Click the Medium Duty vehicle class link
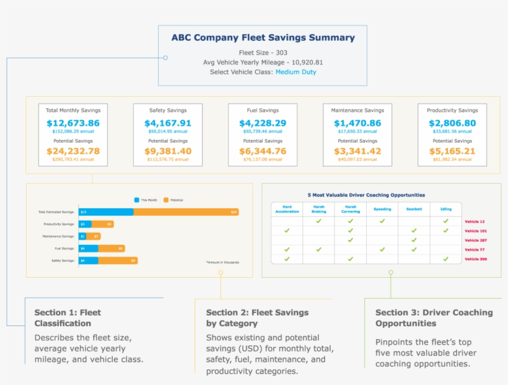click(x=296, y=72)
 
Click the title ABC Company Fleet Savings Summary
click(x=263, y=38)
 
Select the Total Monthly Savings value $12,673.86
click(x=72, y=123)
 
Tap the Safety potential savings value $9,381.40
click(x=168, y=151)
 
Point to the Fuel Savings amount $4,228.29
click(x=263, y=123)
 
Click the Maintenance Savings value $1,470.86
click(x=357, y=123)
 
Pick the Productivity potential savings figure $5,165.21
click(x=452, y=151)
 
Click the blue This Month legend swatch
click(x=137, y=200)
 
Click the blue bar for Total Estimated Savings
click(x=106, y=212)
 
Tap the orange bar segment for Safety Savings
click(x=118, y=260)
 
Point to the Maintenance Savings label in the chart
click(x=59, y=236)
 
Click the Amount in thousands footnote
click(x=222, y=262)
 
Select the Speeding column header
click(x=382, y=209)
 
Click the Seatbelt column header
click(x=414, y=209)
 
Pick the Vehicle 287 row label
click(x=475, y=240)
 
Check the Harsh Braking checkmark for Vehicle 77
click(x=318, y=249)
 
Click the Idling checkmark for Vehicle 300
click(x=445, y=259)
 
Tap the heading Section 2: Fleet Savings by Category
click(x=257, y=317)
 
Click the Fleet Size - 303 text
click(x=263, y=53)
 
